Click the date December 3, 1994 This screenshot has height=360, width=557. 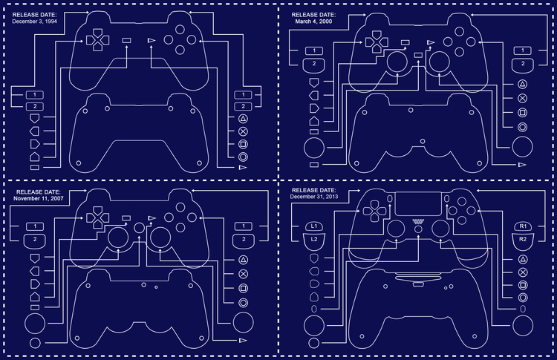tap(34, 22)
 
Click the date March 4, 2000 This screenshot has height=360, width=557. tap(313, 22)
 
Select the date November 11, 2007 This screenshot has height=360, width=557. tap(39, 198)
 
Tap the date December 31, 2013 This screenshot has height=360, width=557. tap(314, 197)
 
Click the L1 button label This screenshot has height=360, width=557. tap(314, 226)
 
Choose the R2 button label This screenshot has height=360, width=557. tap(523, 240)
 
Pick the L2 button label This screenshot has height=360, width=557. tap(314, 240)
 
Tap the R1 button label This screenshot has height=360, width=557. tap(523, 226)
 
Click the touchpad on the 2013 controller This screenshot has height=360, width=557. tap(418, 204)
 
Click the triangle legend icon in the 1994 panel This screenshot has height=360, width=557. tap(243, 119)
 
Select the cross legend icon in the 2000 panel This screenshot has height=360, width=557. tap(523, 98)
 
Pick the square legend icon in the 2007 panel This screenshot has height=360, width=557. tap(243, 288)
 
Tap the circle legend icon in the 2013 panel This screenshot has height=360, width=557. tap(523, 298)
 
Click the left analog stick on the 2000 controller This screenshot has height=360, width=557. tap(397, 62)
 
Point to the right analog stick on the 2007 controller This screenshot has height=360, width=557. tap(160, 238)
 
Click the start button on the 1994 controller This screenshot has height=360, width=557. tap(152, 41)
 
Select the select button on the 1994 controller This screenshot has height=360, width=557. tap(126, 41)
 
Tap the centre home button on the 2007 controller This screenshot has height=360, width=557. tap(140, 228)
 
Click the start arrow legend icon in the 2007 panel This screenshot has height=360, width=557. tap(243, 341)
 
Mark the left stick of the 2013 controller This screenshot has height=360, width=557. tap(396, 229)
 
